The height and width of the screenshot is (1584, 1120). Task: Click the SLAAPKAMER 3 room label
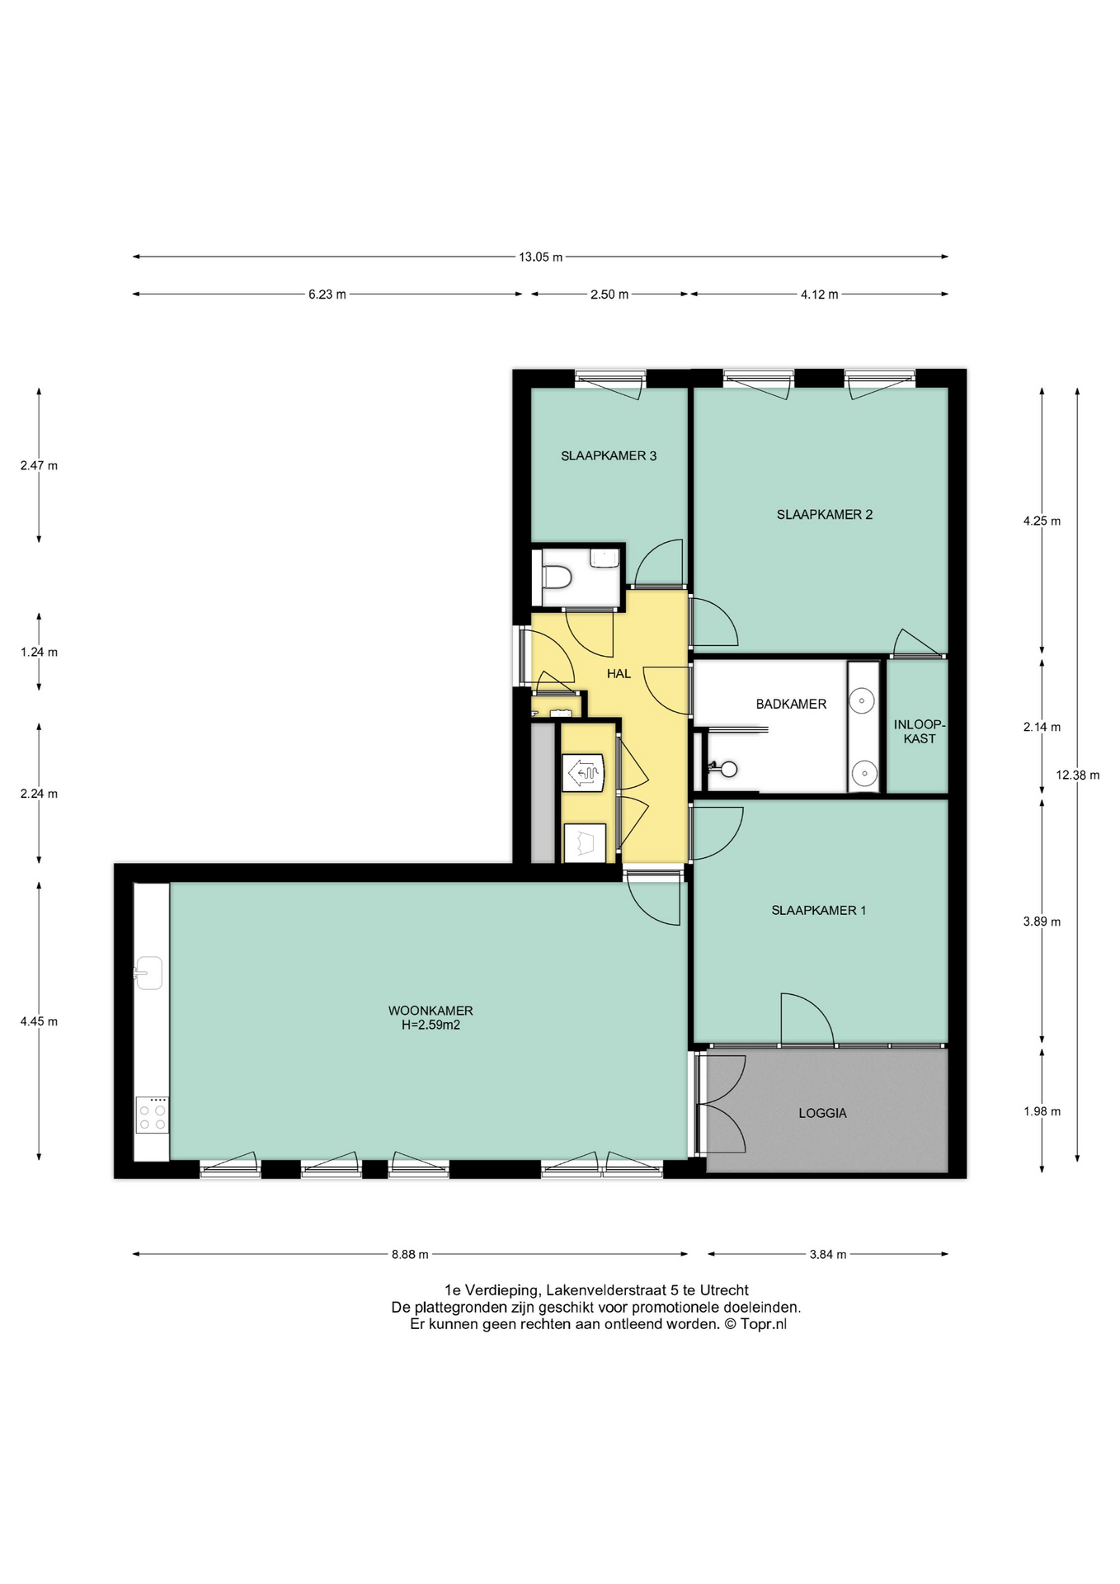609,455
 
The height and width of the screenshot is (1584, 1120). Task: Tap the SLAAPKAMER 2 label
824,515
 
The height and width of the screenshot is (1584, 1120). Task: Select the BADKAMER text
791,704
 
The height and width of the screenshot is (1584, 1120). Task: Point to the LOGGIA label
822,1113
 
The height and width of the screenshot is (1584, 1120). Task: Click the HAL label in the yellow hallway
619,674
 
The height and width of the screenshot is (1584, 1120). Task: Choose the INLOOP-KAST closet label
920,732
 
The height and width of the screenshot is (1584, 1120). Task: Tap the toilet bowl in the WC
557,577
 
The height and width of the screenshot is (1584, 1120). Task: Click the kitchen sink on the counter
149,973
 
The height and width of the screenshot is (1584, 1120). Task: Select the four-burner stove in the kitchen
153,1115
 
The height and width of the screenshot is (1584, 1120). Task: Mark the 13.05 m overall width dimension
540,257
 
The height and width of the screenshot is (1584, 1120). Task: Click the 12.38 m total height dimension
1077,775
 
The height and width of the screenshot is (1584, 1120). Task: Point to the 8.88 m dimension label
410,1254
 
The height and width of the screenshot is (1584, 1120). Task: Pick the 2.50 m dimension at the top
609,295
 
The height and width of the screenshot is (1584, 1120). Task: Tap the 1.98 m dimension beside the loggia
1042,1111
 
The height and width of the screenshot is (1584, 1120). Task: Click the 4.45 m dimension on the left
39,1021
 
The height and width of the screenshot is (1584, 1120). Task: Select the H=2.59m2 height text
431,1025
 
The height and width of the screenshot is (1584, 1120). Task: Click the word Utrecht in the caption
724,1290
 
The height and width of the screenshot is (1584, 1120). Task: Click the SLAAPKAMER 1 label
818,911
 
